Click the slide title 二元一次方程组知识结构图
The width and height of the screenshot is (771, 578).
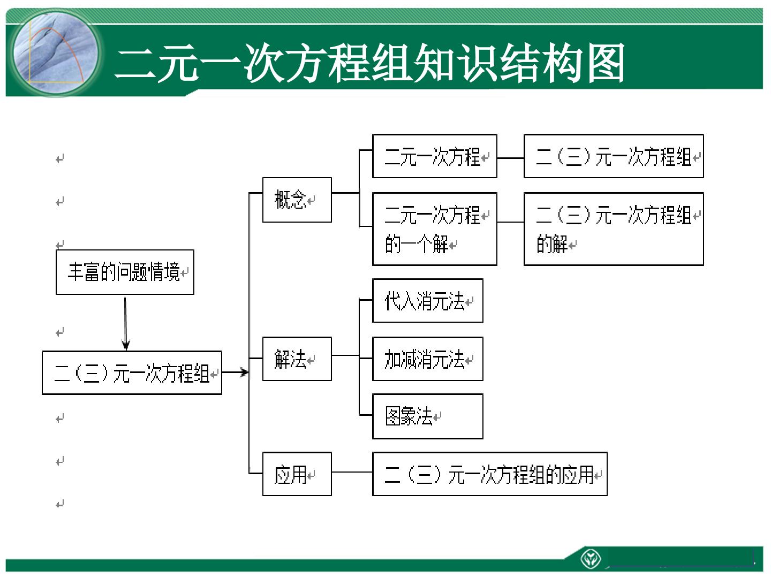369,63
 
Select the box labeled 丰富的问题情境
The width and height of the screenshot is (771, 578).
125,272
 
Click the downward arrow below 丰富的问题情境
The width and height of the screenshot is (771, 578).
125,324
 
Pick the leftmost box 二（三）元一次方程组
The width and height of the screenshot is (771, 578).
132,372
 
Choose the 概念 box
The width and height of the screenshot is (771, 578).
297,200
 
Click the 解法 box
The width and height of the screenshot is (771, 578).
297,359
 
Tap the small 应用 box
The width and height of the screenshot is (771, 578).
297,474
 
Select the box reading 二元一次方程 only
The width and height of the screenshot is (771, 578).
435,156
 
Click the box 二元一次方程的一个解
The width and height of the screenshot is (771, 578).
435,229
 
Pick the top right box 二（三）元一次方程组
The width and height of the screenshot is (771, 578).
614,156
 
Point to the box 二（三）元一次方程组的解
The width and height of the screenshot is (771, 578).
614,229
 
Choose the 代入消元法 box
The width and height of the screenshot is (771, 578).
428,300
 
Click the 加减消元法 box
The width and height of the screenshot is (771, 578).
428,359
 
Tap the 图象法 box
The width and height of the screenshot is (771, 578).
428,416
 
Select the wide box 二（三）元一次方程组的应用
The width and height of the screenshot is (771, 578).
490,474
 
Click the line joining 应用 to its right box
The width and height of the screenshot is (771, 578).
352,472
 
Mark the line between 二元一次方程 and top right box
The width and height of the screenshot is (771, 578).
510,158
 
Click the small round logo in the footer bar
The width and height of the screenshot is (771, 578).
591,558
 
